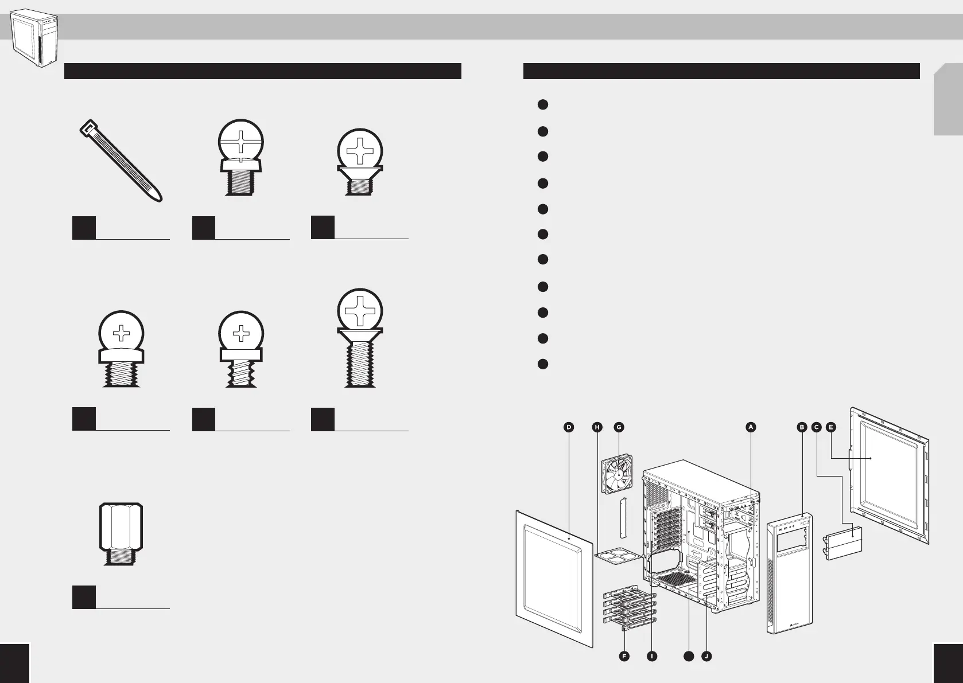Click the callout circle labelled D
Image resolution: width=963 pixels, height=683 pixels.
(x=568, y=427)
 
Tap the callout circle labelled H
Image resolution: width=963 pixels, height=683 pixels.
(x=597, y=427)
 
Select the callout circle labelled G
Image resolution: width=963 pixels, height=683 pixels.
(x=618, y=427)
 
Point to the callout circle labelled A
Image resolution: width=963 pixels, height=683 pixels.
(x=750, y=427)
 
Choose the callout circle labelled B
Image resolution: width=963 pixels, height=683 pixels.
(x=802, y=427)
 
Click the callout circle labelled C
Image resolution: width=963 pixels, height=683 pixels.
(x=816, y=427)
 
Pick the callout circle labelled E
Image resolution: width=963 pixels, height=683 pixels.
(x=831, y=427)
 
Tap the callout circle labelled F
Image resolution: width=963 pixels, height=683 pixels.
(x=624, y=656)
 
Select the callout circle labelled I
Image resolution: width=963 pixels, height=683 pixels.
(x=652, y=656)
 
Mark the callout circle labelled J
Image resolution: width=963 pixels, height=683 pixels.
(x=706, y=656)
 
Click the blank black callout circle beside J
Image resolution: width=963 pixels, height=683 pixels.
(x=688, y=656)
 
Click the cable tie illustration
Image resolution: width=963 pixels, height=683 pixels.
(x=121, y=161)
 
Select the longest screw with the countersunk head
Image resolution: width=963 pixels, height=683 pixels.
(x=360, y=338)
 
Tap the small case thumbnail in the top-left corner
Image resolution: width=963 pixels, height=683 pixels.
(x=36, y=38)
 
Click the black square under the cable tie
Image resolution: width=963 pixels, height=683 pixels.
(x=84, y=228)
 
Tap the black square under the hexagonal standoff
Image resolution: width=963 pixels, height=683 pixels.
(x=84, y=597)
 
